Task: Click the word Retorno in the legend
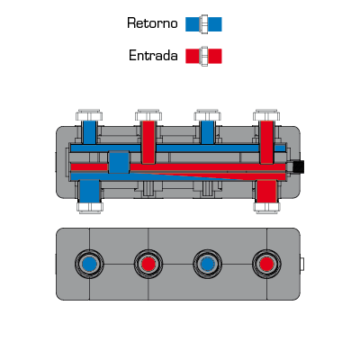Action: [152, 23]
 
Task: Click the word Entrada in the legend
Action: [153, 56]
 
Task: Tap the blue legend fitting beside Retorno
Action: [203, 24]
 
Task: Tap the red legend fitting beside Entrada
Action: [203, 56]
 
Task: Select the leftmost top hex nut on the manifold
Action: [89, 115]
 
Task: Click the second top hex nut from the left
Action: [148, 115]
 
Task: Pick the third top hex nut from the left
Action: [208, 115]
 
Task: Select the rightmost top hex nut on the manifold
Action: [266, 115]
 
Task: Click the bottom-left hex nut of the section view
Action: [90, 208]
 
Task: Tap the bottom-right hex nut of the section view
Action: [266, 208]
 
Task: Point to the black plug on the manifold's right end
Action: [299, 166]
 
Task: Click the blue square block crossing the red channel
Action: [119, 162]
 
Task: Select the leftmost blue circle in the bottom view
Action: [89, 265]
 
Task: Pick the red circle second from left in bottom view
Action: [148, 265]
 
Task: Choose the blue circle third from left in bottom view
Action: [208, 265]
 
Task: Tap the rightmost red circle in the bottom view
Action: [266, 265]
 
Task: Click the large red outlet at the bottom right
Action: [266, 191]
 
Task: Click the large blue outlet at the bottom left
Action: [90, 191]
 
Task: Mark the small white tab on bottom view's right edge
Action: [302, 264]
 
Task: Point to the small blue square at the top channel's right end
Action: [280, 148]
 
